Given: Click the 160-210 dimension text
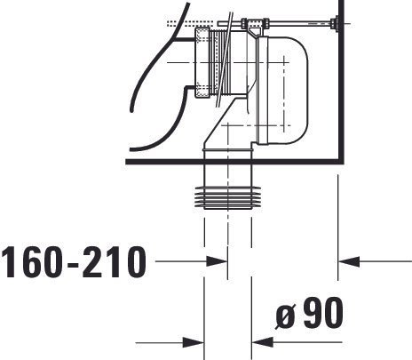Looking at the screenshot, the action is tap(74, 263).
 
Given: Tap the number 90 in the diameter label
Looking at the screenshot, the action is tap(323, 313).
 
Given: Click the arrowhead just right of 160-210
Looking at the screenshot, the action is tap(217, 261).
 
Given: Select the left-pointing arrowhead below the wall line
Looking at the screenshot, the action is tap(349, 261).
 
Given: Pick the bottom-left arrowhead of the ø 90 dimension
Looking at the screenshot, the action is tap(194, 342).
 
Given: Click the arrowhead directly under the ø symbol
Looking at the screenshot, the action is tap(263, 342).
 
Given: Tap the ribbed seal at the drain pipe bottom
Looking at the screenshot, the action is tap(228, 198).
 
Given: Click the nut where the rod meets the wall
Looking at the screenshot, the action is tap(335, 23).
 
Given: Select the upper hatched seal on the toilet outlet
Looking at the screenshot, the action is tap(202, 36).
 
